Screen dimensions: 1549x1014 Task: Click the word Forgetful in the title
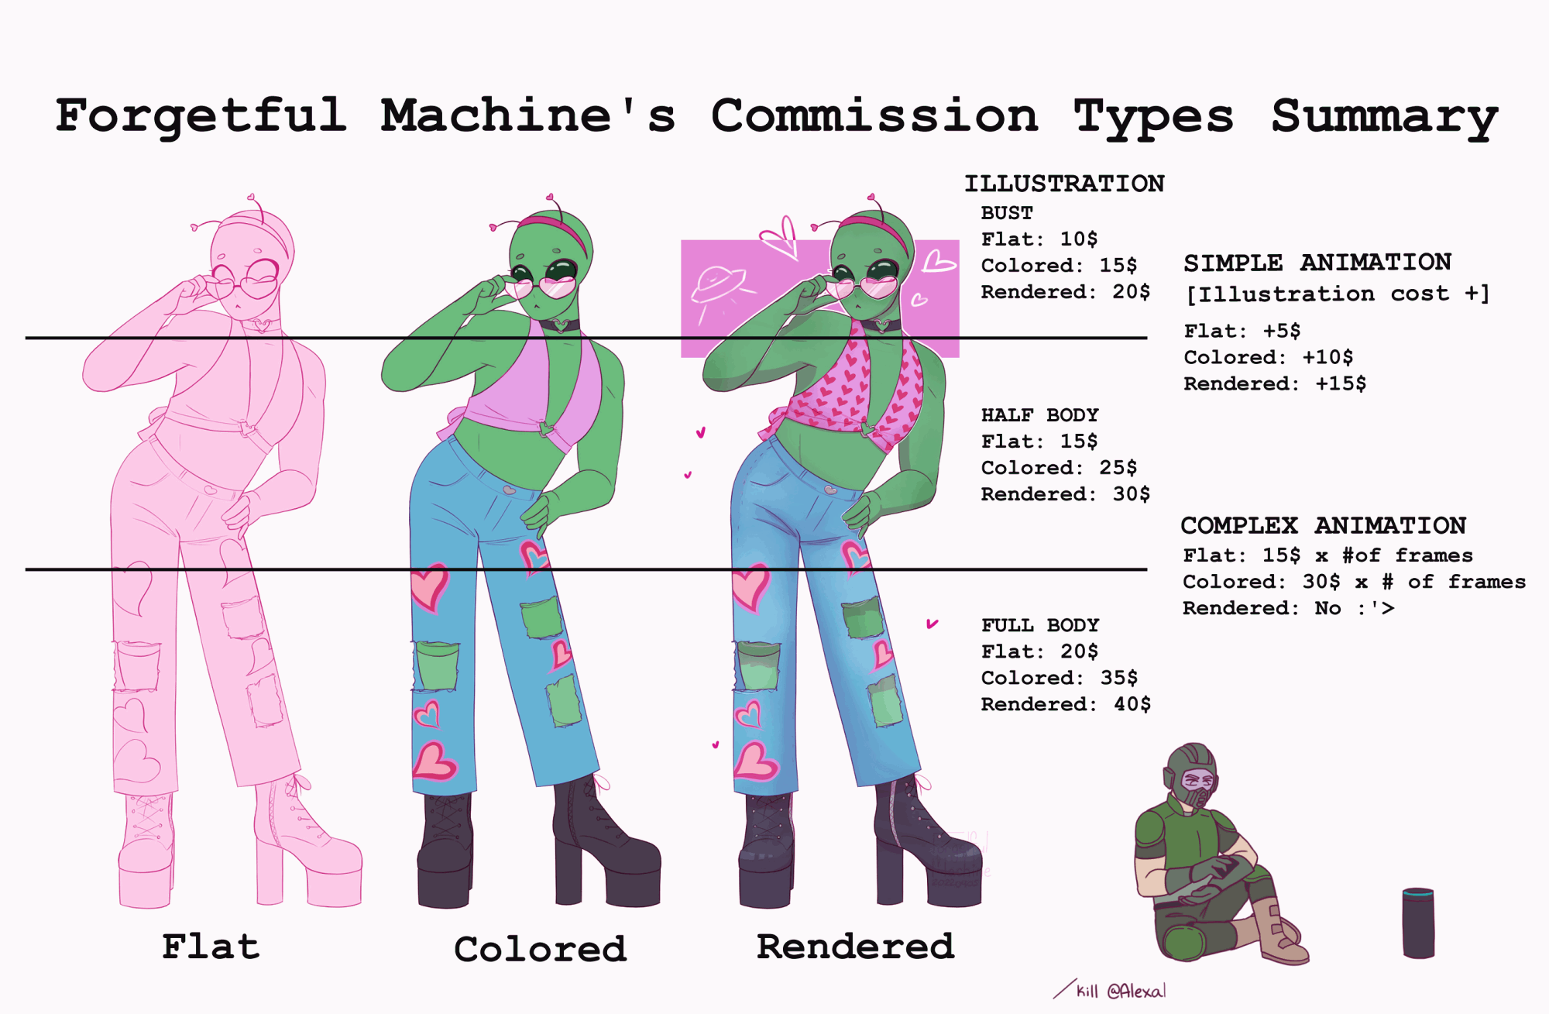(201, 116)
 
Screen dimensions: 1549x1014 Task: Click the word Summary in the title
(1385, 118)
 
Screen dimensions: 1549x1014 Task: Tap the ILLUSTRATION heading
(1064, 184)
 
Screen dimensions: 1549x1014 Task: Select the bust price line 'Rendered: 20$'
(1065, 292)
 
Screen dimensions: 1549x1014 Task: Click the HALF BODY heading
(1039, 415)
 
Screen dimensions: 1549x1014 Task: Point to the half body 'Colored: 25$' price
(1059, 468)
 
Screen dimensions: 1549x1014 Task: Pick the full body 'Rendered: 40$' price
(1065, 704)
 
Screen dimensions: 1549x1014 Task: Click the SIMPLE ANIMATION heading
(1317, 263)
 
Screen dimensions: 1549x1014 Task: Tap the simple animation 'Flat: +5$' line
(1242, 332)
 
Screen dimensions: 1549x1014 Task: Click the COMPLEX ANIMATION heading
(1323, 526)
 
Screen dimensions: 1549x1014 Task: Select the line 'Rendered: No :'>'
(1288, 608)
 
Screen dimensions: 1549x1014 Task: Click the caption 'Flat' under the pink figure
(211, 947)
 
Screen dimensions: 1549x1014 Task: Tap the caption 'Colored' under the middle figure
(540, 949)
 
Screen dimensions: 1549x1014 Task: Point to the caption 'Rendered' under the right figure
(855, 947)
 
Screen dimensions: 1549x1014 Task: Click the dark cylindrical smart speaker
(1418, 923)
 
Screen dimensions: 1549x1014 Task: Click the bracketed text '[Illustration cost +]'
(1338, 294)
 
